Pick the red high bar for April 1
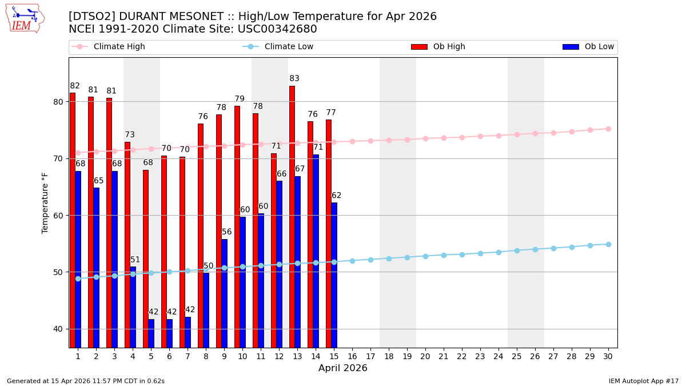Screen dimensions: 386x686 pyautogui.click(x=73, y=220)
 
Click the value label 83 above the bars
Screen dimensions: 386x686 pyautogui.click(x=294, y=79)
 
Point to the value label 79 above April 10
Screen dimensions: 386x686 pyautogui.click(x=240, y=100)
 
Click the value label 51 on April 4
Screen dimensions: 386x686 pyautogui.click(x=135, y=260)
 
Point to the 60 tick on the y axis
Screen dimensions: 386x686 pyautogui.click(x=60, y=216)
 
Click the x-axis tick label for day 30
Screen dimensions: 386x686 pyautogui.click(x=608, y=356)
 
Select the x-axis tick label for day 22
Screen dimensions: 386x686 pyautogui.click(x=462, y=356)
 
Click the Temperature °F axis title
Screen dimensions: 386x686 pyautogui.click(x=46, y=202)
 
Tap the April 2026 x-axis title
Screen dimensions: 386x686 pyautogui.click(x=343, y=368)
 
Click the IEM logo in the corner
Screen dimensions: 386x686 pyautogui.click(x=25, y=18)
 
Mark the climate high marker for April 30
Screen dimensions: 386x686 pyautogui.click(x=608, y=129)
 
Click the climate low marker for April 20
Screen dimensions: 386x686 pyautogui.click(x=425, y=256)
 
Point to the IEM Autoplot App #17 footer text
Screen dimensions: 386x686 pyautogui.click(x=644, y=381)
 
